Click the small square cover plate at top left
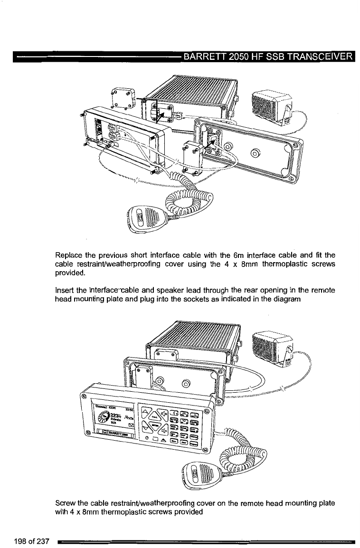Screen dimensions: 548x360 tap(123, 99)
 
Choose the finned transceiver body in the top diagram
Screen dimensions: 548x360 tap(190, 95)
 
